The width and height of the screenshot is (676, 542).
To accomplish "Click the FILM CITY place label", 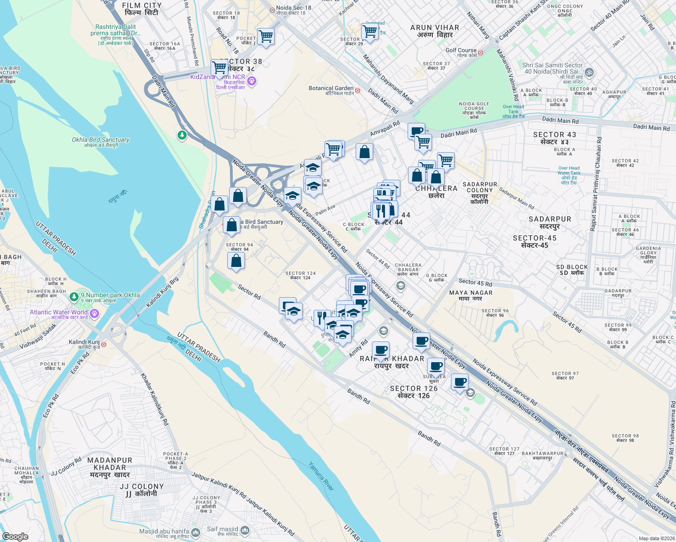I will click(141, 9).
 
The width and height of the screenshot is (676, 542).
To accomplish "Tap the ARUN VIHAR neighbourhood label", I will click(435, 31).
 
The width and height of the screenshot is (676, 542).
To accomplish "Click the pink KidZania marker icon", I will click(252, 81).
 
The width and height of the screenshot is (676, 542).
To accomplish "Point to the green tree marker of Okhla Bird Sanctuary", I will click(182, 135).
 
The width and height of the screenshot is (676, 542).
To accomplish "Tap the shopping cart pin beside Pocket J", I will click(266, 37).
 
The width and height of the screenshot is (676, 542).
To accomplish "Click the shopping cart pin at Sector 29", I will click(370, 32).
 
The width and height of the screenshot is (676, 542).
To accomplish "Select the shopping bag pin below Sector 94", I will click(236, 261).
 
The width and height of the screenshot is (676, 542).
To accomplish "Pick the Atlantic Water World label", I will click(59, 314).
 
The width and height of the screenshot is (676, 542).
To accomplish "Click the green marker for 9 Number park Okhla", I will click(74, 297).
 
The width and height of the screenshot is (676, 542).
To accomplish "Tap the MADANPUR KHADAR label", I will click(110, 467).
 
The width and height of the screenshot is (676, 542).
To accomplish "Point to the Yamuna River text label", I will click(322, 476).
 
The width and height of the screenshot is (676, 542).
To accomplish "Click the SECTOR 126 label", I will click(413, 392).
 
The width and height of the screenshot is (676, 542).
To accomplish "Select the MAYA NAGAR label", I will click(471, 295).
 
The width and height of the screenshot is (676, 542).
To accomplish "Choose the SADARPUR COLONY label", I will click(479, 193).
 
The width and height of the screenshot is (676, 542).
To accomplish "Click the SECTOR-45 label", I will click(535, 241).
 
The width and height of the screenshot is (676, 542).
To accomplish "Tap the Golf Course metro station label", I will click(461, 53).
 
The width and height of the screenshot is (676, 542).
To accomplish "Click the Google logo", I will click(15, 537).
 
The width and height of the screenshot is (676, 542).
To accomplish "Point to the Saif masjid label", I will click(222, 531).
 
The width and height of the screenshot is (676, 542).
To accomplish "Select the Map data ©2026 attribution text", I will click(656, 538).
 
